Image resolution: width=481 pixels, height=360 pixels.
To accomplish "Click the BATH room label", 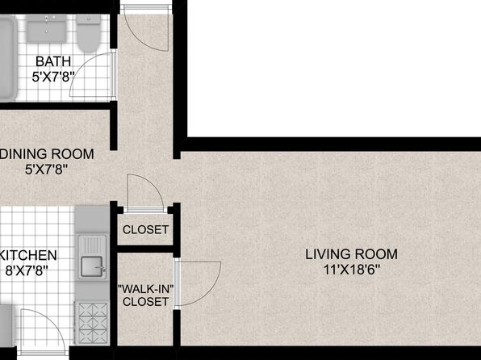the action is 53,61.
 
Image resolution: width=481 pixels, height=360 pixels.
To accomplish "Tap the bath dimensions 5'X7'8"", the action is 53,76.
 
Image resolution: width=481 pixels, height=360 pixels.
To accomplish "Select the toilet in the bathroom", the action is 89,33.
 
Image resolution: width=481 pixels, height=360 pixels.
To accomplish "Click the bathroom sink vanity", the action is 46,28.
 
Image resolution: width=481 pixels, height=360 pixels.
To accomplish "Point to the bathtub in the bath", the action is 7,58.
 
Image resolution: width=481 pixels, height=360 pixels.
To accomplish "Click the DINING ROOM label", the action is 47,154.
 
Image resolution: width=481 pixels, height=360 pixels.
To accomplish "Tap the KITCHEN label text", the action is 28,255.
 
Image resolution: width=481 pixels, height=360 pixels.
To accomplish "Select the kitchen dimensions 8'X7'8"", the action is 27,270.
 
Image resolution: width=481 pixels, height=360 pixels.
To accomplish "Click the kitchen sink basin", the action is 91,266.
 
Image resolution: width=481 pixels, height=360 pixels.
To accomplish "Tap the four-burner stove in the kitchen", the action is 92,322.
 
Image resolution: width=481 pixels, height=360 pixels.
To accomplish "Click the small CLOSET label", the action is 145,229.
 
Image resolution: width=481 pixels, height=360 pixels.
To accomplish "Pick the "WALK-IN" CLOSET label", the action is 146,295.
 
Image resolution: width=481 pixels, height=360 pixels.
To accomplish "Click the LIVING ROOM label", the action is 352,254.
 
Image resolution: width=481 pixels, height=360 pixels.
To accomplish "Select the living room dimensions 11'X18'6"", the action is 352,270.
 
